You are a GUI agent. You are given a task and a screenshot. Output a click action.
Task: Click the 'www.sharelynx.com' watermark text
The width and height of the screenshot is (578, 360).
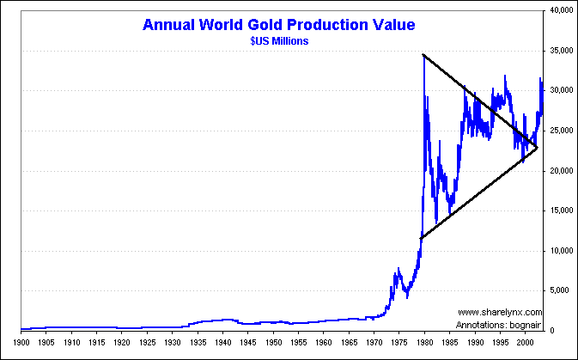pyautogui.click(x=500, y=312)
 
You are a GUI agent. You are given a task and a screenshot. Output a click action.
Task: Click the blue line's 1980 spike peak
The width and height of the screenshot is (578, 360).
pyautogui.click(x=423, y=57)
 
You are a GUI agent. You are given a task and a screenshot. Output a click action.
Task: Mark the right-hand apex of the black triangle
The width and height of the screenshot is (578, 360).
pyautogui.click(x=538, y=149)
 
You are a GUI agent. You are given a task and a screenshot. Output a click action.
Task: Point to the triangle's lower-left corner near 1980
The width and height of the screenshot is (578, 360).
pyautogui.click(x=421, y=238)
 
